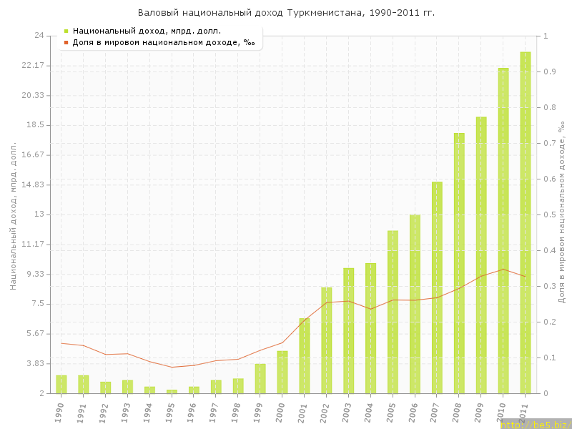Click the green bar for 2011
pos(525,222)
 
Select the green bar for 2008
pos(459,263)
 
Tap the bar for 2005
pos(393,312)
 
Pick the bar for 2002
pos(326,340)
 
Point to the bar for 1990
pos(61,384)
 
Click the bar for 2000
pos(282,372)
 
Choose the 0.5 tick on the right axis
pos(549,214)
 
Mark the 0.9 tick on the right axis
pos(549,71)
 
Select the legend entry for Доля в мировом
pos(164,42)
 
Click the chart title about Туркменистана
pos(286,13)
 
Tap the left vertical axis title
pos(14,214)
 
